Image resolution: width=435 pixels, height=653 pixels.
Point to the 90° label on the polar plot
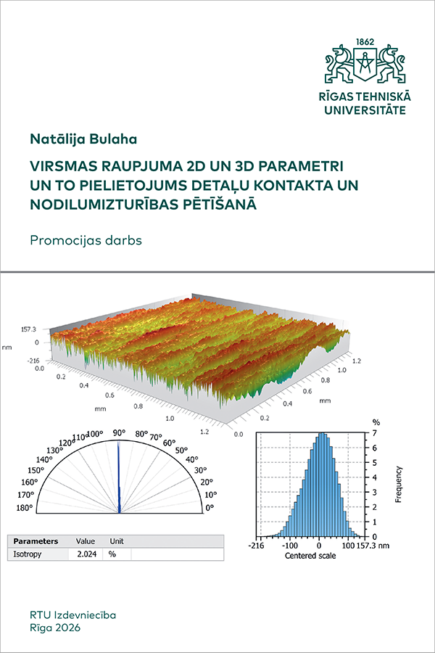tap(119, 432)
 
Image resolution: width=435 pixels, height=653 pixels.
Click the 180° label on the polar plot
tap(25, 507)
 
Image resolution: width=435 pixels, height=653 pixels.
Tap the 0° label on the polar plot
tap(210, 508)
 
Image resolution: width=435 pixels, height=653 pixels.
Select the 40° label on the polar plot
tap(192, 460)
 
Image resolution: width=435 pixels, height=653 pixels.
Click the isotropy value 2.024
tap(86, 554)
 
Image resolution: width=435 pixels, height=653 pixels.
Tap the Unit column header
tap(117, 541)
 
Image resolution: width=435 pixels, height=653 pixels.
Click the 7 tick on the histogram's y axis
tap(375, 433)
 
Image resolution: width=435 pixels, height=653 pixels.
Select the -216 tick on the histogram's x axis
tap(256, 545)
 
